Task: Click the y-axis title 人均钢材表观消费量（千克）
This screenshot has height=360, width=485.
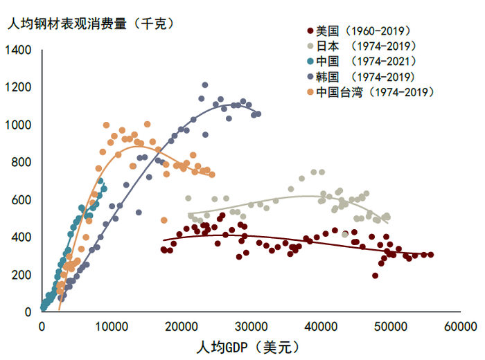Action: point(90,23)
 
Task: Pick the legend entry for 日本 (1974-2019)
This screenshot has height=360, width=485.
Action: point(365,46)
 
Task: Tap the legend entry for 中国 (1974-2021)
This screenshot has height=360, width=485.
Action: point(365,62)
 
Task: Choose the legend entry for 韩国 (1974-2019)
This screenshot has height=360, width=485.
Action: point(365,77)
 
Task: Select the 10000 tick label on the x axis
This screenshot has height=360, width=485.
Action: point(112,325)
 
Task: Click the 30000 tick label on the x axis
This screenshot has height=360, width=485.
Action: point(252,325)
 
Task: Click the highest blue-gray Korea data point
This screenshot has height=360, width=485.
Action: point(204,85)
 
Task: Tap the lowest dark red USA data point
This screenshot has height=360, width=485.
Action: point(375,276)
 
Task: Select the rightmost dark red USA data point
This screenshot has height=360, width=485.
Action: point(430,255)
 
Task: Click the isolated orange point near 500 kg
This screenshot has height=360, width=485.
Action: point(164,220)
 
